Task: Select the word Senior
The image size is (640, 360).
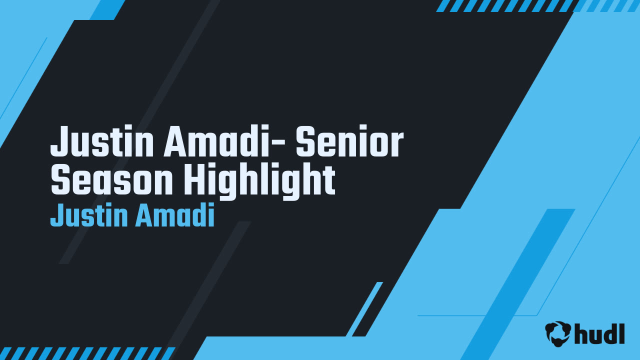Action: pyautogui.click(x=349, y=142)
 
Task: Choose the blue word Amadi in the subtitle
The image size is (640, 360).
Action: pyautogui.click(x=174, y=216)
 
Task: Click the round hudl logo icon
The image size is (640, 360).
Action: pyautogui.click(x=558, y=333)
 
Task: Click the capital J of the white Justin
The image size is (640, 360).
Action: pyautogui.click(x=58, y=142)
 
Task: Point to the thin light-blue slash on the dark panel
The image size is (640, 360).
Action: pyautogui.click(x=364, y=309)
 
